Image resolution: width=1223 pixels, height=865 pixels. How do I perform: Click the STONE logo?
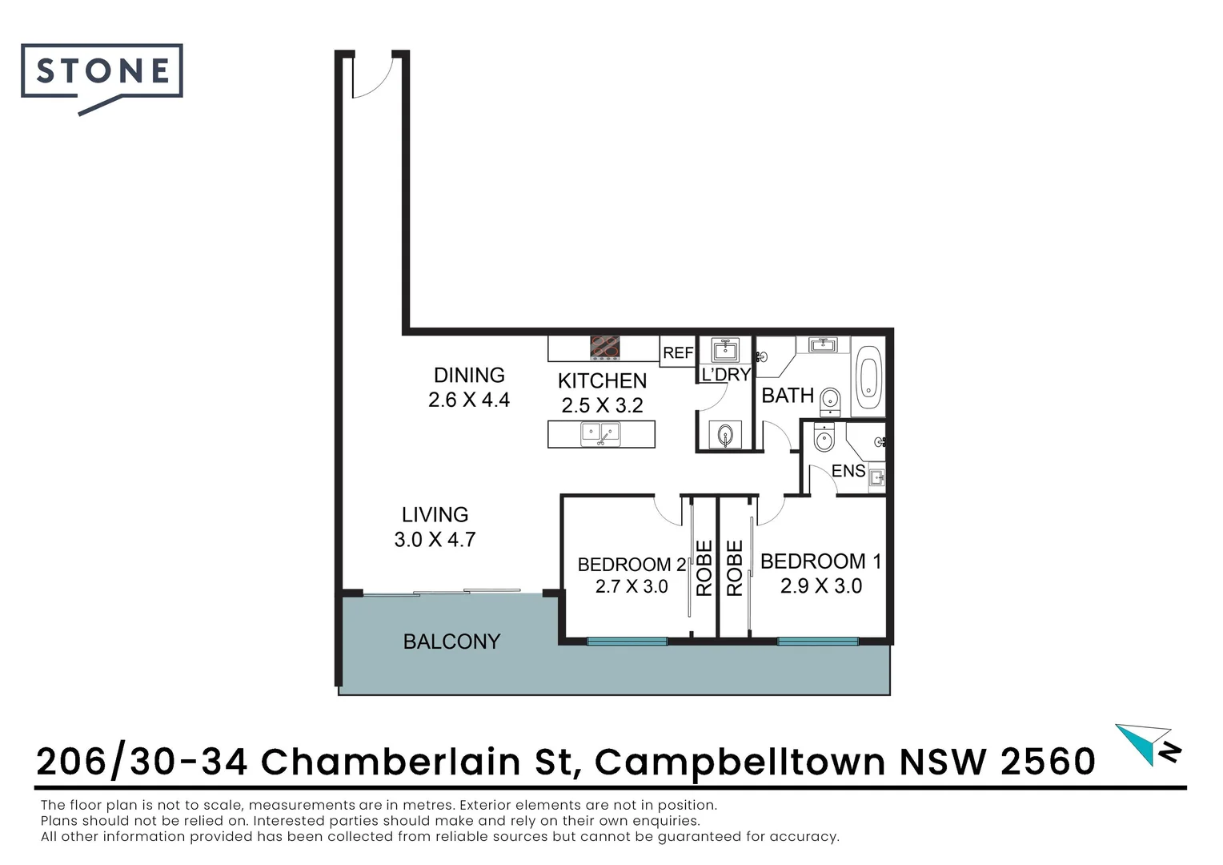tap(102, 72)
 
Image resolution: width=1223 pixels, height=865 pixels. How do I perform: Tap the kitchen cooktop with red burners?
tap(605, 347)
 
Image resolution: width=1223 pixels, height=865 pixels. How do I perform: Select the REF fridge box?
tap(678, 352)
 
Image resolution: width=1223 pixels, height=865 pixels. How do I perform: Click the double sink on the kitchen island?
tap(601, 434)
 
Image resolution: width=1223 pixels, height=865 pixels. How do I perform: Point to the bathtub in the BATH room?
tap(868, 380)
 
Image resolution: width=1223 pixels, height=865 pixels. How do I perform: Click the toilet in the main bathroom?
tap(831, 399)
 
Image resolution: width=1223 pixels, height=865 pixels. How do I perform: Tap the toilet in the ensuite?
tap(824, 438)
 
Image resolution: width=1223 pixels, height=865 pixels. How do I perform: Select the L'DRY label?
tap(726, 375)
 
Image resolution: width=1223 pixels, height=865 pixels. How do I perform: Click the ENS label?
tap(848, 471)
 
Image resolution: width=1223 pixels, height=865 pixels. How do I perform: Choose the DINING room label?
tap(469, 375)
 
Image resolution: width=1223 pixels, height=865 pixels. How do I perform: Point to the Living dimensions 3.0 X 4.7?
tap(435, 540)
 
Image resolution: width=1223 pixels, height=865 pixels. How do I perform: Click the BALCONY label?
tap(451, 642)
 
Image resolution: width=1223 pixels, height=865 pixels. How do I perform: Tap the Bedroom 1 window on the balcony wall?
tap(817, 641)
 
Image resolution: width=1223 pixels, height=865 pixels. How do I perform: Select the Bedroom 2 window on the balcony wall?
tap(627, 641)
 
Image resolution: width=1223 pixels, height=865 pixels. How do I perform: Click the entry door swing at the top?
tap(372, 76)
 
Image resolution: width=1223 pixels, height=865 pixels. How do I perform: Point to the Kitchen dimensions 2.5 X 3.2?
tap(602, 405)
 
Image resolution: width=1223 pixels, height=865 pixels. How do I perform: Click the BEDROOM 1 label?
tap(820, 561)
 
